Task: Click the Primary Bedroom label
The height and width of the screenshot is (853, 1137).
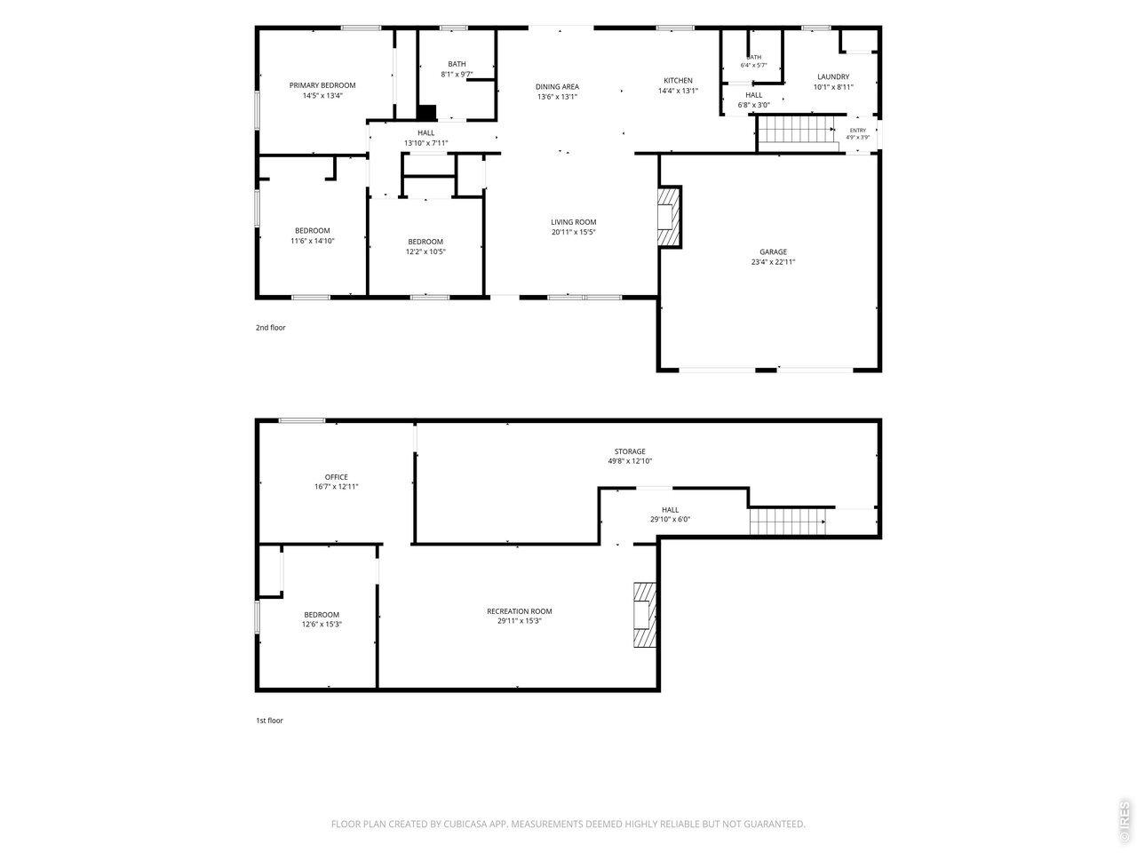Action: pyautogui.click(x=322, y=85)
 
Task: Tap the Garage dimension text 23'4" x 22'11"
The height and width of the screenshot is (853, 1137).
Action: pyautogui.click(x=773, y=262)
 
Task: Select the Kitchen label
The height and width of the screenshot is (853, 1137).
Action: pyautogui.click(x=678, y=81)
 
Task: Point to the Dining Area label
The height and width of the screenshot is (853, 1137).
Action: pyautogui.click(x=557, y=87)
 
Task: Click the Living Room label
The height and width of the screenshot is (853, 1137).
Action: pyautogui.click(x=573, y=222)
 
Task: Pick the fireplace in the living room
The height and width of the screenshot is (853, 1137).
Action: pyautogui.click(x=669, y=217)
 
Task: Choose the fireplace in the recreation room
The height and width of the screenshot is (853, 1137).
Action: pyautogui.click(x=645, y=615)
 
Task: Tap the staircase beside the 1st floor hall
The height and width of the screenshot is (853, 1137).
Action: pyautogui.click(x=787, y=521)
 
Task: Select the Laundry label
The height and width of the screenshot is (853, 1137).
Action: pyautogui.click(x=833, y=77)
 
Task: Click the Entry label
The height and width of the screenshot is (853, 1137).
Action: pyautogui.click(x=857, y=131)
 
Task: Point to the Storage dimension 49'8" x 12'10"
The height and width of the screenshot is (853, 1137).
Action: pyautogui.click(x=630, y=461)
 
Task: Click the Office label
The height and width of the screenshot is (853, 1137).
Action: pyautogui.click(x=336, y=477)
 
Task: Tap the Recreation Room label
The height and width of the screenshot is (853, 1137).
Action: pyautogui.click(x=519, y=611)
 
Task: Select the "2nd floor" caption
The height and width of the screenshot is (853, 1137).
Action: pyautogui.click(x=270, y=328)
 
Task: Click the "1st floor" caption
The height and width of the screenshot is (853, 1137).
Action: pyautogui.click(x=269, y=721)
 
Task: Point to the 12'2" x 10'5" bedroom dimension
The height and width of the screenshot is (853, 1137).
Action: pyautogui.click(x=425, y=252)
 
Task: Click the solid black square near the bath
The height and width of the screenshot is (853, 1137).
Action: pyautogui.click(x=426, y=112)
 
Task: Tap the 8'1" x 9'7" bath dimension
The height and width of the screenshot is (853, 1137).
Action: pyautogui.click(x=457, y=75)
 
